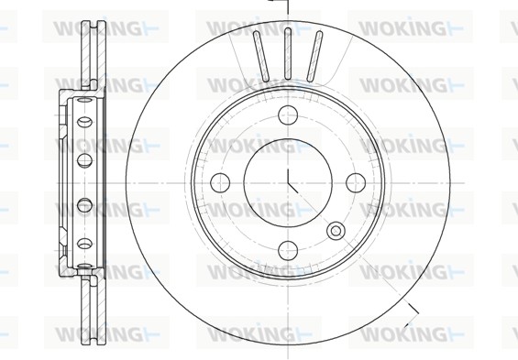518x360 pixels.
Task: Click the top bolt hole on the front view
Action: (x=287, y=115)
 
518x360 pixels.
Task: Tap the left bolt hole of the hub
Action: (x=219, y=182)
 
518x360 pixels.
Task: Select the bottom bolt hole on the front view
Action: (x=287, y=249)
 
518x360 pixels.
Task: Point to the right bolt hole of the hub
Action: (x=355, y=182)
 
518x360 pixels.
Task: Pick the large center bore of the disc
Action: (x=287, y=182)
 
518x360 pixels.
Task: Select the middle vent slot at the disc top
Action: (x=287, y=53)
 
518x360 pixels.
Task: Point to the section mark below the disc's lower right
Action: (x=412, y=309)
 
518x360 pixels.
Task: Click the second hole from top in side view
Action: (x=85, y=121)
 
